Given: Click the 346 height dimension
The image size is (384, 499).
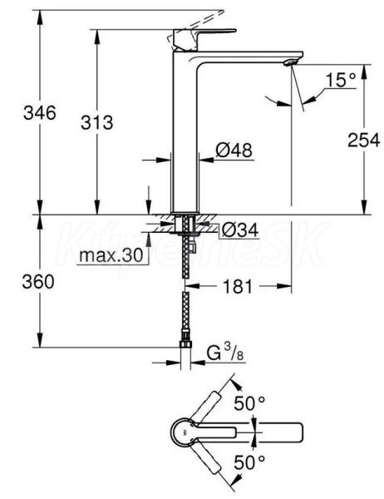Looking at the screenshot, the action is coord(39,112).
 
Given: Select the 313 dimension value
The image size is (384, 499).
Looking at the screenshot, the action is coord(96,122).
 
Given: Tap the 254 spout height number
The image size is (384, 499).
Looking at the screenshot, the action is coord(364,140).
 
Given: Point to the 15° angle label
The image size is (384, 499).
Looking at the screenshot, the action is coord(341,80).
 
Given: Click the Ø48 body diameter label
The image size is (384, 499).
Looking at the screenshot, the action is coord(234,151).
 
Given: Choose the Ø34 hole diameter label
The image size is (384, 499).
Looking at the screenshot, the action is coord(240,230).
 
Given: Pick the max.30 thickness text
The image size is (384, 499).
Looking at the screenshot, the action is coord(111,255).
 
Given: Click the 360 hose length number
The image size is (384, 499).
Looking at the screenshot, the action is coord(38,282).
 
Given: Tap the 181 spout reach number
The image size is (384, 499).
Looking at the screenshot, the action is coord(238,286).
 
